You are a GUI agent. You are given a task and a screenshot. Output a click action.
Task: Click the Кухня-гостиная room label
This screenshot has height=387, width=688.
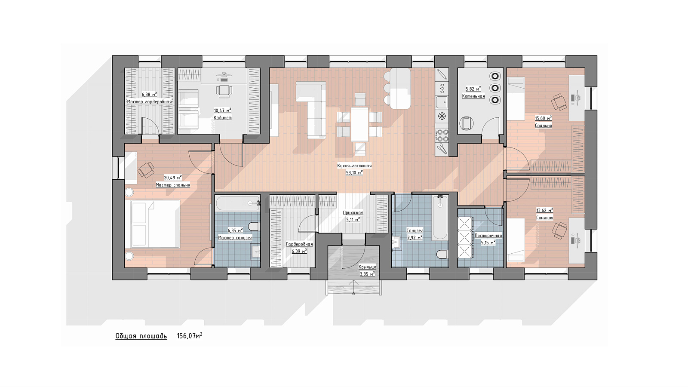tap(354, 166)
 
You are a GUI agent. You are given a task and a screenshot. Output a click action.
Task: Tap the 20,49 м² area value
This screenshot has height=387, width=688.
tap(172, 178)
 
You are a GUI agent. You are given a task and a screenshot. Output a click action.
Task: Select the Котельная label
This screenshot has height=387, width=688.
tap(473, 96)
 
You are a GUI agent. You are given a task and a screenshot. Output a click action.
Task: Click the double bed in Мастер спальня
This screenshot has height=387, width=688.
tap(155, 224)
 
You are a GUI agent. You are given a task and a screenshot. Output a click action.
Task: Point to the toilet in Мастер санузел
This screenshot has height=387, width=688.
tap(253, 227)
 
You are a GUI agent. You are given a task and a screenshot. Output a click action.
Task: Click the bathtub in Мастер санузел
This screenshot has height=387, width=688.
tap(238, 203)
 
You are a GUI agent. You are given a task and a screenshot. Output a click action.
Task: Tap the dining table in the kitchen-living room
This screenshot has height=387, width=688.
tap(359, 124)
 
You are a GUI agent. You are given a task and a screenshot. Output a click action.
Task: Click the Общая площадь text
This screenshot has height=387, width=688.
tap(141, 336)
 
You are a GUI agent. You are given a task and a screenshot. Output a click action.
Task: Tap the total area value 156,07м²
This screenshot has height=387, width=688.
tap(190, 336)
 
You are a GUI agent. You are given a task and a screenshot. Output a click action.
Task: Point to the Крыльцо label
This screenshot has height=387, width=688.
tap(367, 267)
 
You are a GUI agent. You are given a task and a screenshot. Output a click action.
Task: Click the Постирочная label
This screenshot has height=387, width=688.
tap(488, 236)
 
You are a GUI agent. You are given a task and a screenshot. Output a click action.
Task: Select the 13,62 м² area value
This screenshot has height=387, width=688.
tap(544, 210)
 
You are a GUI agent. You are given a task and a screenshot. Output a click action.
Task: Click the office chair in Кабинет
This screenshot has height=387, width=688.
tap(224, 91)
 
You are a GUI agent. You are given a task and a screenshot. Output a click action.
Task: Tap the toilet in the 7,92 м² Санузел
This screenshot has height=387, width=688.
tap(441, 254)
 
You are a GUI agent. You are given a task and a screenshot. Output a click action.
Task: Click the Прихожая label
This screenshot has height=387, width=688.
tap(353, 213)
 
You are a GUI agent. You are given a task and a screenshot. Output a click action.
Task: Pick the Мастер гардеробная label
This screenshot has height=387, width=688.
tap(149, 101)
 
